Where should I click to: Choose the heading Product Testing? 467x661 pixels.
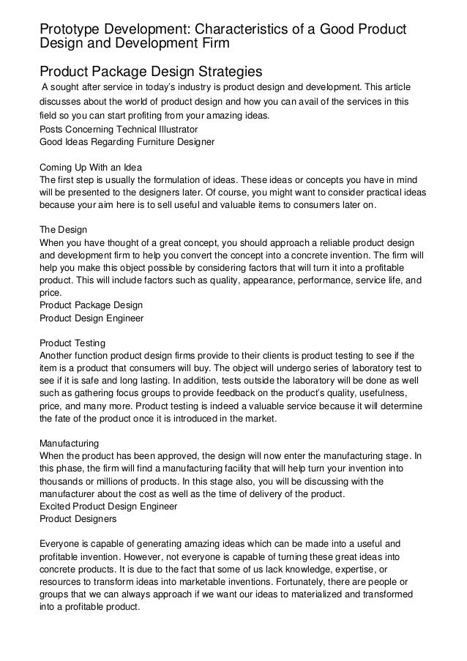tap(72, 343)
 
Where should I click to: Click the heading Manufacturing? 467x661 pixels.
tap(70, 444)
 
